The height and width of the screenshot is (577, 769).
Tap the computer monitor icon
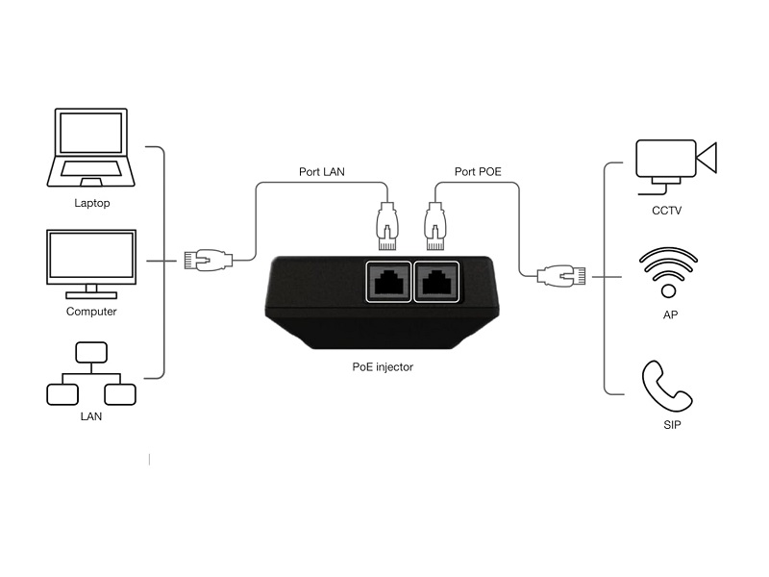coord(92,262)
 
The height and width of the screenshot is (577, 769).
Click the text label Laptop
coord(92,203)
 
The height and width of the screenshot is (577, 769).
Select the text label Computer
coord(91,312)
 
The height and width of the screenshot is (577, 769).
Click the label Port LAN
coord(322,173)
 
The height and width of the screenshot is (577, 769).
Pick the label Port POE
coord(478,173)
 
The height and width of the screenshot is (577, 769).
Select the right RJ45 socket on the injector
coord(437,282)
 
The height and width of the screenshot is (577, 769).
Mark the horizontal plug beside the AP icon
coord(558,276)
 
